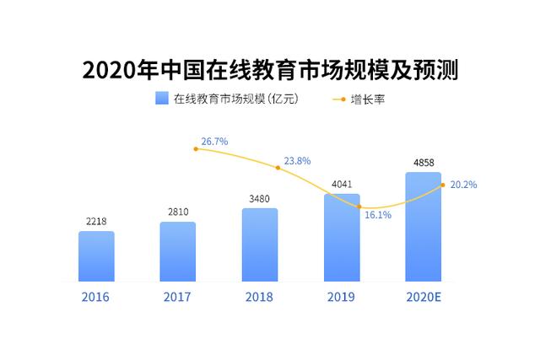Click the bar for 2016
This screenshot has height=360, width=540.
click(96, 256)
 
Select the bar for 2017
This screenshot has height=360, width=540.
click(178, 251)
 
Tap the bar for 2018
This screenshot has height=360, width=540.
click(260, 245)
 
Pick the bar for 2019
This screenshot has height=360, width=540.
click(342, 238)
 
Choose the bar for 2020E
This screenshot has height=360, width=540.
click(424, 227)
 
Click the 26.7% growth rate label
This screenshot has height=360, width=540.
click(214, 142)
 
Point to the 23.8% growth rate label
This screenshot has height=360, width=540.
click(297, 161)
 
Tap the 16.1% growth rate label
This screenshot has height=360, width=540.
click(378, 215)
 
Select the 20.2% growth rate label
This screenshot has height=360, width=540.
click(463, 185)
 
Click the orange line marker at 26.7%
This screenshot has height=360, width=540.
click(196, 149)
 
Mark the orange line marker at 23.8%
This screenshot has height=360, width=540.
click(278, 168)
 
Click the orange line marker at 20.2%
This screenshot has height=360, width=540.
click(443, 185)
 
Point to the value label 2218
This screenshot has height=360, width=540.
click(96, 221)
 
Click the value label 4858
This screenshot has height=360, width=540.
click(424, 163)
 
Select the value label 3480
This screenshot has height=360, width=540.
click(259, 199)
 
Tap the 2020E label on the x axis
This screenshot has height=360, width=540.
click(424, 297)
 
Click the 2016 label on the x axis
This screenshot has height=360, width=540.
click(95, 297)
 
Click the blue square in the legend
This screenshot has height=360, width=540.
click(162, 98)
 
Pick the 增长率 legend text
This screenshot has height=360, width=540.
click(368, 99)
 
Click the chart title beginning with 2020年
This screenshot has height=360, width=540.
click(270, 70)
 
